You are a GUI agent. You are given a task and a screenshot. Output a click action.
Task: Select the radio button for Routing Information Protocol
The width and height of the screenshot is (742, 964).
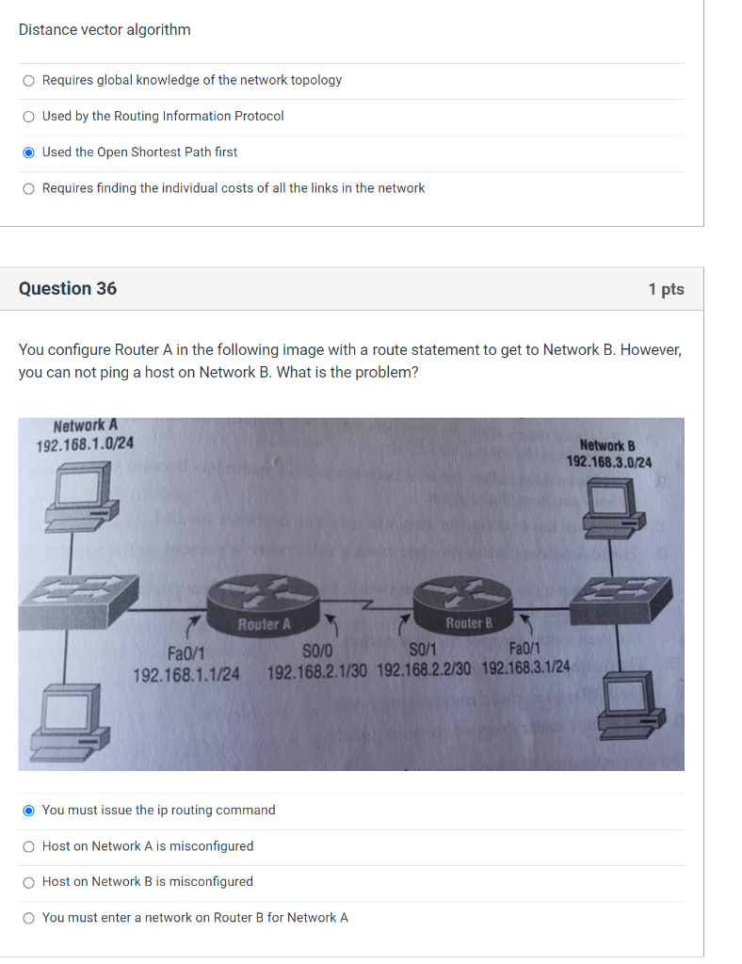tap(29, 117)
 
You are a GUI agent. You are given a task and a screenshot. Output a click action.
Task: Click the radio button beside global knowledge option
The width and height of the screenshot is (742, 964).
tap(29, 81)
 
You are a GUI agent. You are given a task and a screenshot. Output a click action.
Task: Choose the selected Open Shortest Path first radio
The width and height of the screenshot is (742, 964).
tap(29, 153)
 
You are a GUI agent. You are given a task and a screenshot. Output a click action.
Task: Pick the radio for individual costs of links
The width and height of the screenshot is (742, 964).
tap(29, 188)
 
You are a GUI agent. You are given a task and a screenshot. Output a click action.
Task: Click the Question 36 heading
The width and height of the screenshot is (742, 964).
tap(68, 289)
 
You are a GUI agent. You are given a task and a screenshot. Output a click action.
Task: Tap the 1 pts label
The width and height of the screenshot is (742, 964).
tap(666, 289)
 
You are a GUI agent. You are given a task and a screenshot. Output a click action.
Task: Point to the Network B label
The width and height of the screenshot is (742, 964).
tap(607, 445)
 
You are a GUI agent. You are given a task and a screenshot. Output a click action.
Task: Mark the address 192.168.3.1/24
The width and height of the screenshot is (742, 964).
tap(525, 667)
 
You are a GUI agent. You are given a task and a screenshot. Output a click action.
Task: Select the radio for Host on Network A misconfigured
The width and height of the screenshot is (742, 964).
tap(29, 846)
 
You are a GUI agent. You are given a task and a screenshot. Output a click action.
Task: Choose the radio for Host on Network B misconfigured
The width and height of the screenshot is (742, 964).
tap(29, 882)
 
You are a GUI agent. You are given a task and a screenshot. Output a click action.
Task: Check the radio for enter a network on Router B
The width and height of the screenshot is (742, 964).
tap(29, 918)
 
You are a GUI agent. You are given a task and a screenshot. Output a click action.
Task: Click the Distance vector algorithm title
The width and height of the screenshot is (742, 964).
tap(105, 30)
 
